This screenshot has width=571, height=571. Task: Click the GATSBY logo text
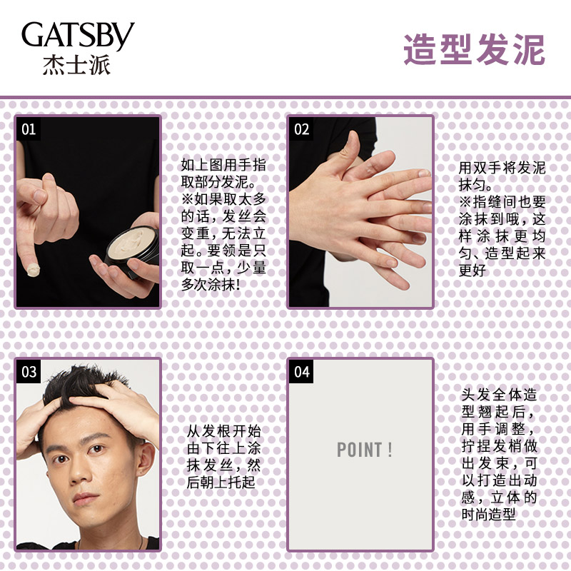[x=78, y=35]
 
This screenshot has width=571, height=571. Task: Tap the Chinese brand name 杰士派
[x=76, y=65]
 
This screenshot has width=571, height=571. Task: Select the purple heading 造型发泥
[x=474, y=50]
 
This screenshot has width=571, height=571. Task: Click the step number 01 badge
[x=29, y=129]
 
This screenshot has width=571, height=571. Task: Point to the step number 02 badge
[x=301, y=129]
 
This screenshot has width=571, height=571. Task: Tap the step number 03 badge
[x=29, y=371]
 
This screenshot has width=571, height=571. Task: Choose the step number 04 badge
[x=301, y=371]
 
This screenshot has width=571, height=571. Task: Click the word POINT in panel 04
[x=360, y=450]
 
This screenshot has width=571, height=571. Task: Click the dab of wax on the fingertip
[x=33, y=270]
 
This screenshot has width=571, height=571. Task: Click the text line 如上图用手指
[x=223, y=165]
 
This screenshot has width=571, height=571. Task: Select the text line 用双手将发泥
[x=502, y=168]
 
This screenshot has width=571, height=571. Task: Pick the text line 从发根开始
[x=223, y=431]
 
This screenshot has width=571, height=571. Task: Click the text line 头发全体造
[x=499, y=395]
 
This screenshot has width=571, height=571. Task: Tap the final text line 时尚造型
[x=488, y=514]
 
